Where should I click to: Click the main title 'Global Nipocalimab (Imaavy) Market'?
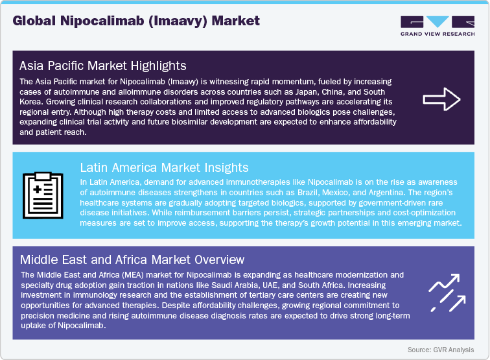coord(136,21)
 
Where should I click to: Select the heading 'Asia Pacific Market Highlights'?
coord(103,66)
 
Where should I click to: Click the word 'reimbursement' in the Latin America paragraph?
coord(242,213)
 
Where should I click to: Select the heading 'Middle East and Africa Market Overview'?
coord(132,260)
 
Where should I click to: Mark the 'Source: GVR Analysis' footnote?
coord(440,350)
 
